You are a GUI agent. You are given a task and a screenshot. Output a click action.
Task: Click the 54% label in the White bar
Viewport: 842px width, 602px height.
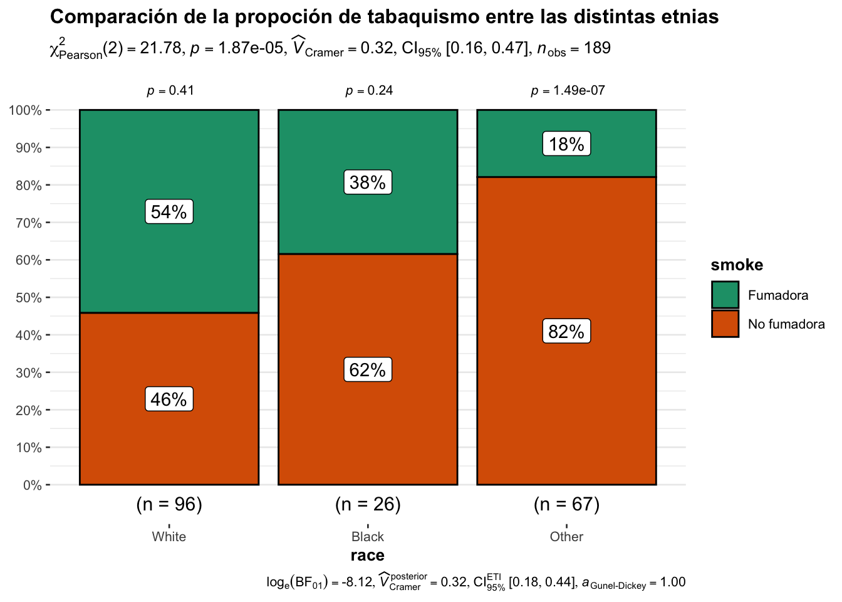[169, 212]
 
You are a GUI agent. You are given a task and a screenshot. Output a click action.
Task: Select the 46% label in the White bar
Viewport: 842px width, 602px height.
[169, 399]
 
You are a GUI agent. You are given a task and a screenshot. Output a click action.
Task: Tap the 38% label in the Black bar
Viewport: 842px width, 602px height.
[368, 182]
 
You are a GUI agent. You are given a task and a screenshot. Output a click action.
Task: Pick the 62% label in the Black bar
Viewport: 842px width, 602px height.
[368, 370]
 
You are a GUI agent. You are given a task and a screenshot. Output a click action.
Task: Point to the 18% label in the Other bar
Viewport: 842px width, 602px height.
[566, 144]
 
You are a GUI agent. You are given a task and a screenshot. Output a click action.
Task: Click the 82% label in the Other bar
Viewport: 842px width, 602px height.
[566, 332]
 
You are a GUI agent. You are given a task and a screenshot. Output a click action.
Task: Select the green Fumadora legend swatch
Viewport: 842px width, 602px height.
[725, 295]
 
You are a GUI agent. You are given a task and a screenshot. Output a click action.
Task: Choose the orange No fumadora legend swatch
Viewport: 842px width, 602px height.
[725, 324]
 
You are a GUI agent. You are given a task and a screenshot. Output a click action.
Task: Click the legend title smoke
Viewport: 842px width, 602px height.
[737, 265]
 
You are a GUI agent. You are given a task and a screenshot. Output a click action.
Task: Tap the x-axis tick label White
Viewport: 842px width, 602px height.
[169, 537]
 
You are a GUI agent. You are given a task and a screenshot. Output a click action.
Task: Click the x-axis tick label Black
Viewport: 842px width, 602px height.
[368, 537]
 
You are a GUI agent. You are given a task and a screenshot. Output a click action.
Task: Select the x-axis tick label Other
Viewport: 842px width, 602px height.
[566, 537]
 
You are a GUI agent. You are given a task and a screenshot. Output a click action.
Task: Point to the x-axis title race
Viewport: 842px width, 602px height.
[368, 556]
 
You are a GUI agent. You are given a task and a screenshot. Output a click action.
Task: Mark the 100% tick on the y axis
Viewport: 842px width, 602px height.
[26, 110]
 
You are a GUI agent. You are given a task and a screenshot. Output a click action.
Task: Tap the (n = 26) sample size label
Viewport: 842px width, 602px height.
[368, 504]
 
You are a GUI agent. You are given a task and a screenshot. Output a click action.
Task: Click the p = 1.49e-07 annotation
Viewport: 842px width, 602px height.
[568, 91]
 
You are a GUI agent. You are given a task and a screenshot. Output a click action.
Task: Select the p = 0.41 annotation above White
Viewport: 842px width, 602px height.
[170, 91]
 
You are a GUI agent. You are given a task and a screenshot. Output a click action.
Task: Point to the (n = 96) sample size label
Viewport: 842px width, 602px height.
[169, 504]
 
